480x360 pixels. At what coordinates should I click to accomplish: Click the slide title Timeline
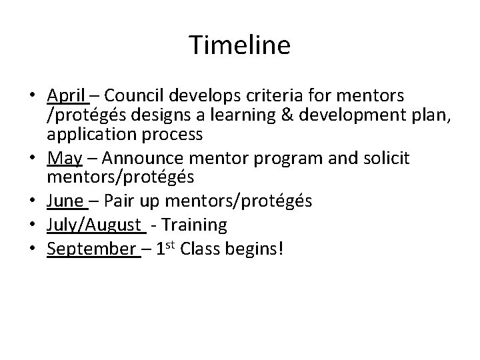(x=240, y=46)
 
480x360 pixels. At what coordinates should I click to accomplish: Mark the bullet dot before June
(x=35, y=200)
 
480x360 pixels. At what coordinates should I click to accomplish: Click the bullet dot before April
(x=35, y=95)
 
